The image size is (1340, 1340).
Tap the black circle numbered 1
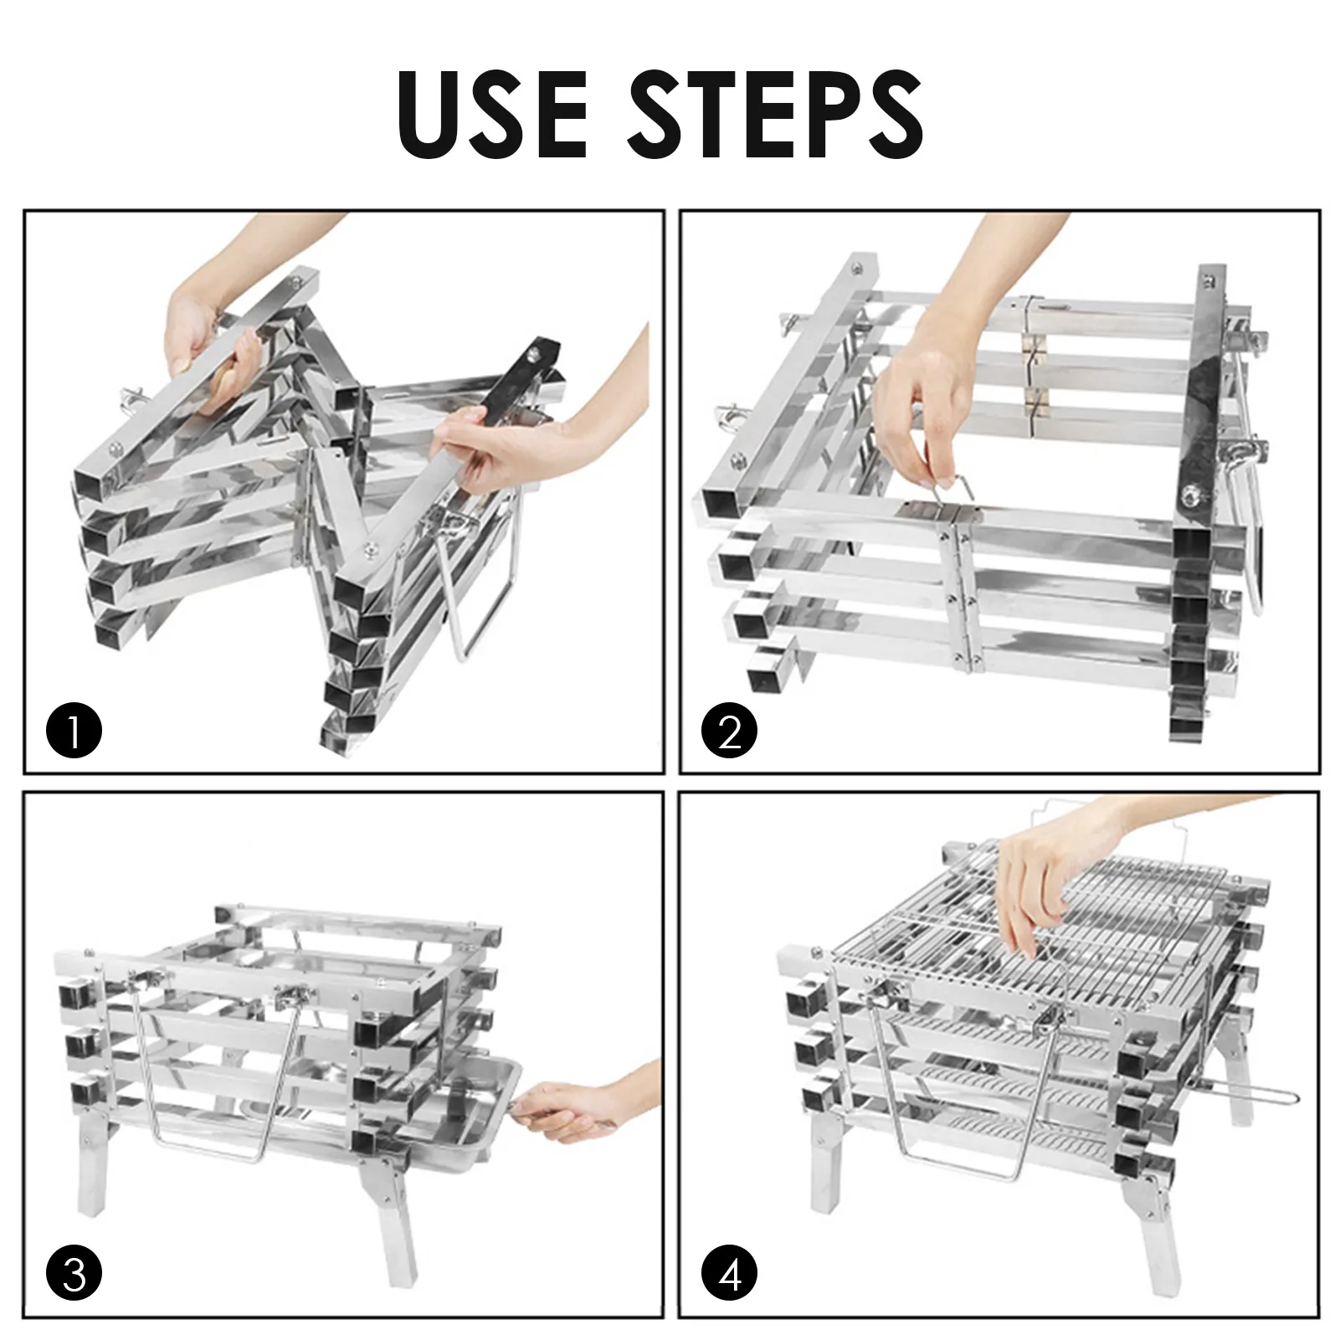pyautogui.click(x=74, y=732)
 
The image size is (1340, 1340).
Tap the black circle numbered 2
pyautogui.click(x=729, y=732)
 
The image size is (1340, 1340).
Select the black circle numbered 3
pyautogui.click(x=74, y=1275)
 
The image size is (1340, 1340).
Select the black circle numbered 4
pyautogui.click(x=730, y=1275)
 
